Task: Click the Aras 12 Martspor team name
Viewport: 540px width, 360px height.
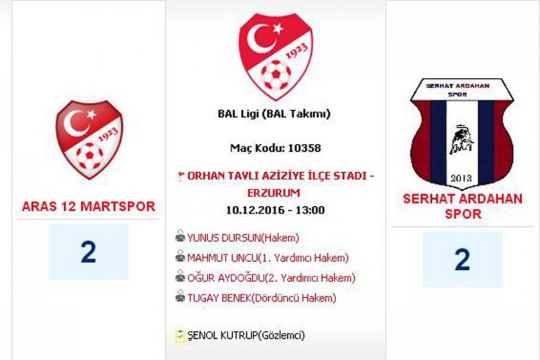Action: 89,206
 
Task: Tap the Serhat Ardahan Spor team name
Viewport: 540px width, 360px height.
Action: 462,206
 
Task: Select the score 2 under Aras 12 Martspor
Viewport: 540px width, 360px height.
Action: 89,253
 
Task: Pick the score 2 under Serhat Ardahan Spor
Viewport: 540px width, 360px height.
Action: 462,260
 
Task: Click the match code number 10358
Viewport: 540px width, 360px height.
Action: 305,148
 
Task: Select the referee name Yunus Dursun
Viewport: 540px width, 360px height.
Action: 224,238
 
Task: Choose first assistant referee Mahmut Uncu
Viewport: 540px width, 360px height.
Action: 222,258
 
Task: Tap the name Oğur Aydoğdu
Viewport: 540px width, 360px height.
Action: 226,278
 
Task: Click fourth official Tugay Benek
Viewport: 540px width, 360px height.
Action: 219,298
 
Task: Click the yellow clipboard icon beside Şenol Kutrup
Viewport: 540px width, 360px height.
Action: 180,336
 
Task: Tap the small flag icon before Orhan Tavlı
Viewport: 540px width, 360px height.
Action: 180,175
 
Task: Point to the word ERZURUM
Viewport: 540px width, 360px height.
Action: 274,193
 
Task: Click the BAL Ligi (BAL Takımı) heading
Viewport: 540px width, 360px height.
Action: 274,113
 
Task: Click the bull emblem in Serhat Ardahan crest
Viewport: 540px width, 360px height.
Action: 462,139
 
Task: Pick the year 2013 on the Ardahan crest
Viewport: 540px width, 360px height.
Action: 461,178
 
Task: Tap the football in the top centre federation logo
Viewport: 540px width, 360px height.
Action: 276,75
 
